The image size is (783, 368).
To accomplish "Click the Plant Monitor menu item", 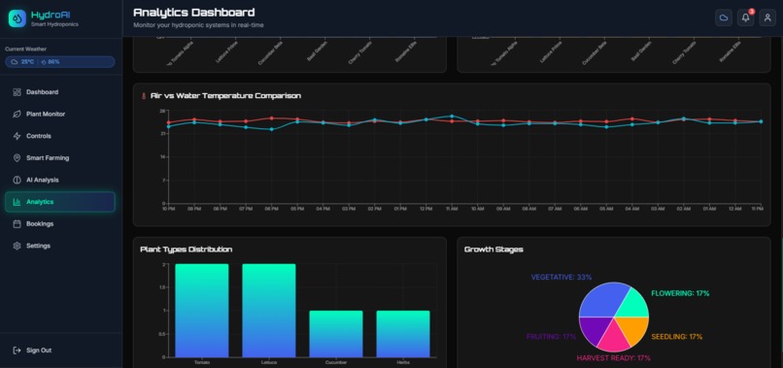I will coord(46,114).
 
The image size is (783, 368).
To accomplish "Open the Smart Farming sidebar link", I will coord(48,157).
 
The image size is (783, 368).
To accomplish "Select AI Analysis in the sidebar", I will coord(43,180).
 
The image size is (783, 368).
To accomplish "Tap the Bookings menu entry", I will coord(40,223).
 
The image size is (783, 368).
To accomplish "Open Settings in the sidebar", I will coord(38,246).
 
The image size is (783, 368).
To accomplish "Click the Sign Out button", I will coord(39,350).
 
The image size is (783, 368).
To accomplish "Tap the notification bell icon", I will coord(746,17).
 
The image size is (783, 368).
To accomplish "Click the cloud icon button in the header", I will coord(724,17).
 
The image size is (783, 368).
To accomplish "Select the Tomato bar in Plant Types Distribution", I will coord(202,310).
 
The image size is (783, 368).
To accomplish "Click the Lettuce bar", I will coord(269,310).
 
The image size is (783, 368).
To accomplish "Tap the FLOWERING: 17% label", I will coord(680,293).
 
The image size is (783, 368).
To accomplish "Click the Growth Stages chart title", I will coord(494,250).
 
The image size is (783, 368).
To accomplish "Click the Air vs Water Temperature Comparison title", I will coord(225,96).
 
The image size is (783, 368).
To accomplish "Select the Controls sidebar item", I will coord(39,136).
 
